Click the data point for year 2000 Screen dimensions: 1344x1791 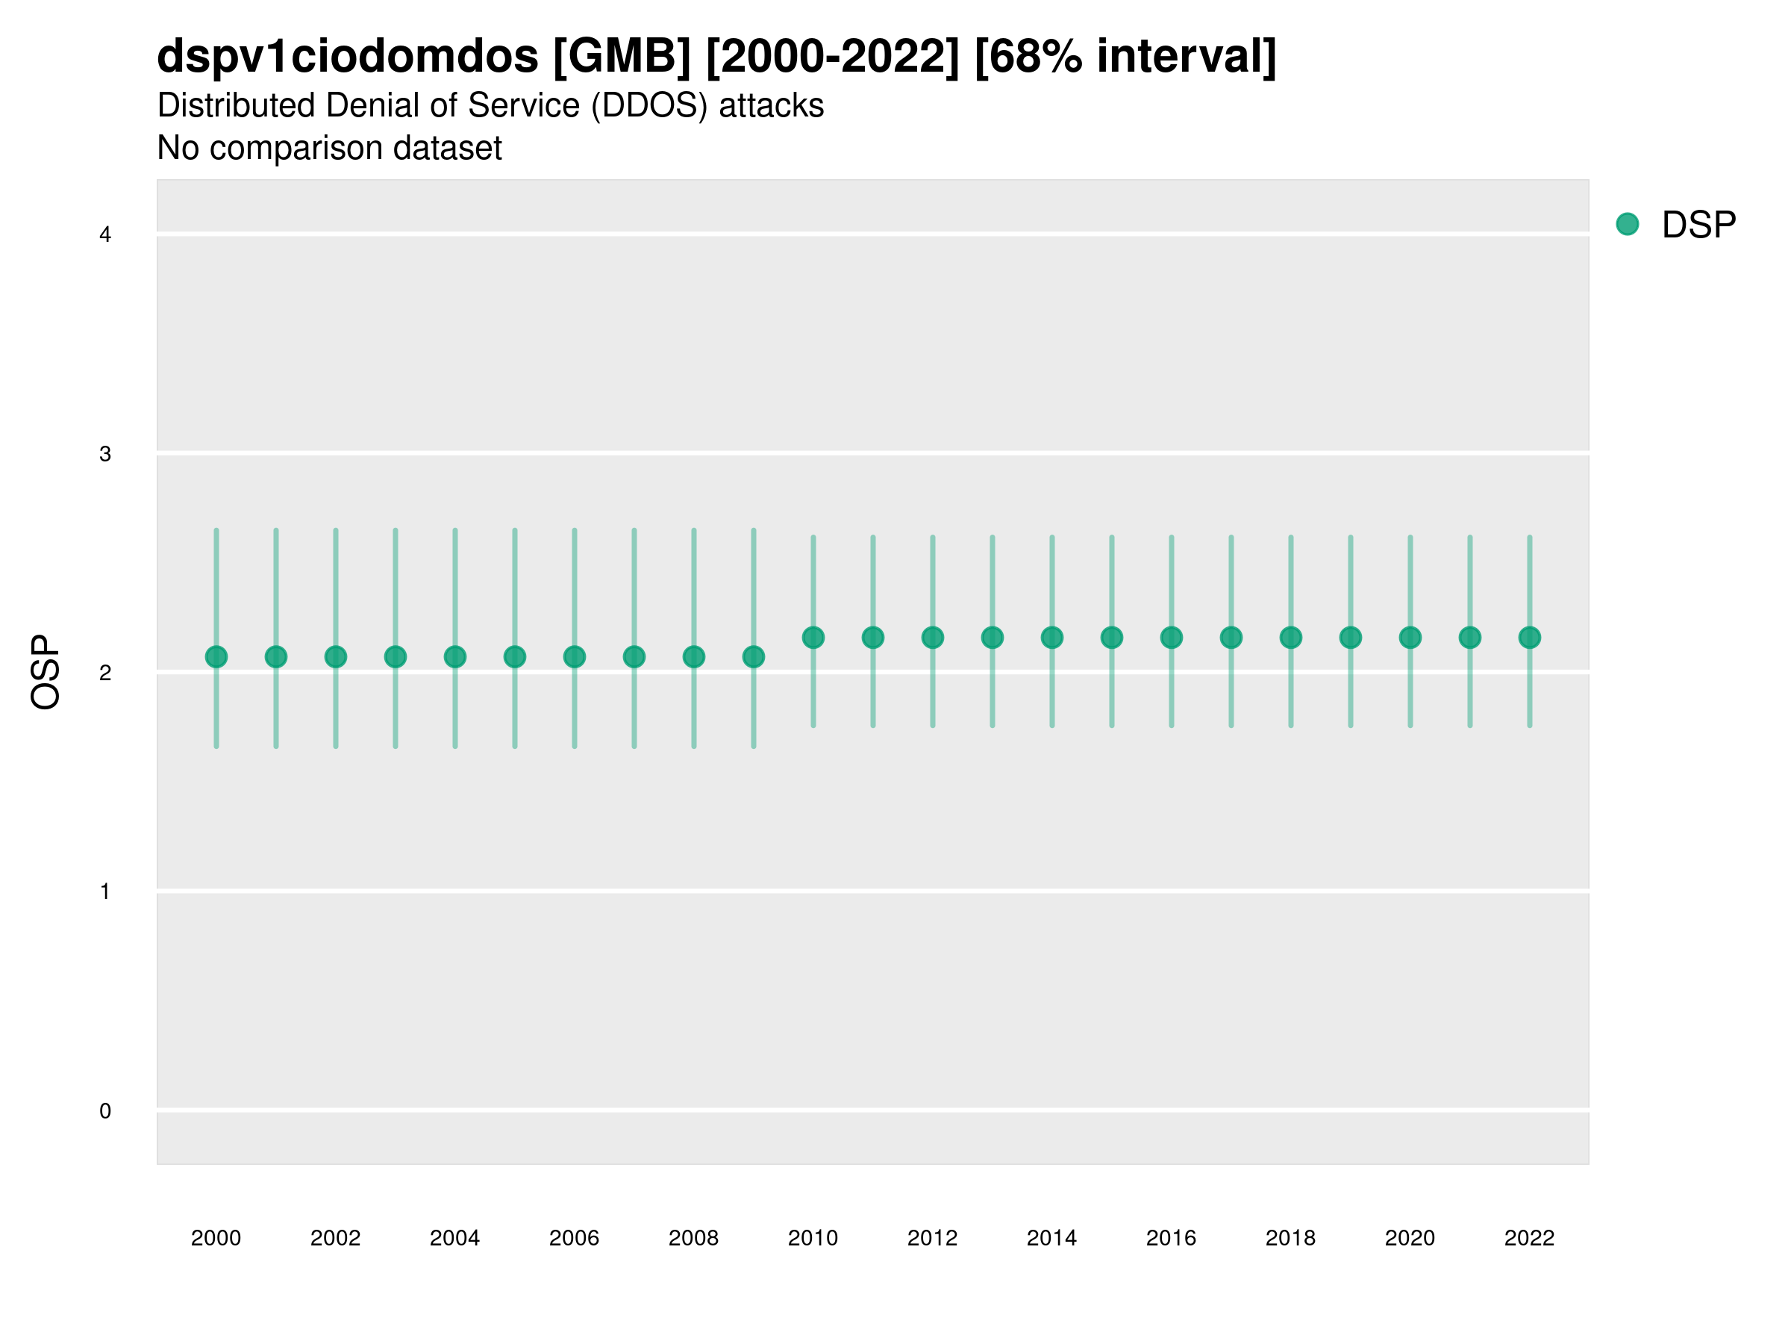pyautogui.click(x=216, y=656)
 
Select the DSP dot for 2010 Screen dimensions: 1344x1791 pyautogui.click(x=813, y=638)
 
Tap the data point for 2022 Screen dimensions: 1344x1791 pyautogui.click(x=1530, y=638)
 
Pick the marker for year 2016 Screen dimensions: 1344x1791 pyautogui.click(x=1172, y=638)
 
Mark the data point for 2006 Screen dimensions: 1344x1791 pyautogui.click(x=575, y=656)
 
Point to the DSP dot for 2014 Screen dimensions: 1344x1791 pyautogui.click(x=1051, y=638)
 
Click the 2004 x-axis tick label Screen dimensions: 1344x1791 pyautogui.click(x=455, y=1238)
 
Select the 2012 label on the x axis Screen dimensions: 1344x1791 pyautogui.click(x=933, y=1238)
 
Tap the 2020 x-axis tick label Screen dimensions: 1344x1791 pyautogui.click(x=1410, y=1238)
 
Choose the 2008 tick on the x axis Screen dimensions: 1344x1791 pyautogui.click(x=694, y=1238)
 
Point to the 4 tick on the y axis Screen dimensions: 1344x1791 pyautogui.click(x=105, y=235)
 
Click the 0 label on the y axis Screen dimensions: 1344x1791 pyautogui.click(x=105, y=1111)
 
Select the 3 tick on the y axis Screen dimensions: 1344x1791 pyautogui.click(x=105, y=454)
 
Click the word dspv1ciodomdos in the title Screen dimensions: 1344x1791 pyautogui.click(x=347, y=57)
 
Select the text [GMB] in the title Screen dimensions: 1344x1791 pyautogui.click(x=622, y=57)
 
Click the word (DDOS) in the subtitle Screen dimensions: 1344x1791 pyautogui.click(x=650, y=106)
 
